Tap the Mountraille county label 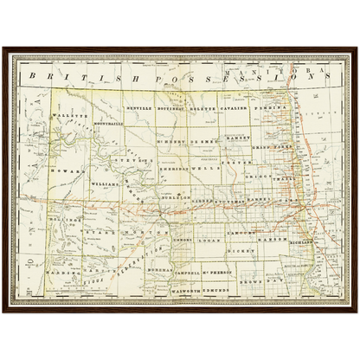[104, 123]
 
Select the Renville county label [138, 109]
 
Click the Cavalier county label [234, 109]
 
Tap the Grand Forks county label [271, 147]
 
